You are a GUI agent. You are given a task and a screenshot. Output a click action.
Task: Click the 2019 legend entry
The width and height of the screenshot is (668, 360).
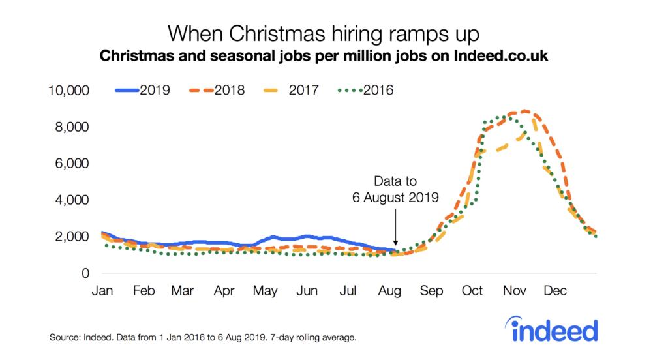coord(143,90)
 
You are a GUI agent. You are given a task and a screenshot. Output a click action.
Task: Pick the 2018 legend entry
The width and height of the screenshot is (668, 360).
coord(216,90)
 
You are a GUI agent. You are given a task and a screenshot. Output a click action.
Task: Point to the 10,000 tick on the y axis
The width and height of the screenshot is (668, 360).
coord(68,90)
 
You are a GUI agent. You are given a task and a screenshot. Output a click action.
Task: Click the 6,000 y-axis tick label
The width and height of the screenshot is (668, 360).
coord(72,163)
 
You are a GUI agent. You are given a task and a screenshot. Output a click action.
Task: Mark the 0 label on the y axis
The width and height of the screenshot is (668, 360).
coord(85,273)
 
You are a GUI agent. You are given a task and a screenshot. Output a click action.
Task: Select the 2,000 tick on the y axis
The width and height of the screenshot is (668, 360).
coord(72,237)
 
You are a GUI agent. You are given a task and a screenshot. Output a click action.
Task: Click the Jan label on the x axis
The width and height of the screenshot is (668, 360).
coord(102,290)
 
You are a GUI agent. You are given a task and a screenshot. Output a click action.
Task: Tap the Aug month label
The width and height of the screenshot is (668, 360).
coord(390,290)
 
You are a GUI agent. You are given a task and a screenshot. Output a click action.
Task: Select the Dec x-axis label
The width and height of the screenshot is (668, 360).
coord(556,290)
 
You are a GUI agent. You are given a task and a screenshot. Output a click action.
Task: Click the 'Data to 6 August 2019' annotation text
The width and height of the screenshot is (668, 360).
coord(395,188)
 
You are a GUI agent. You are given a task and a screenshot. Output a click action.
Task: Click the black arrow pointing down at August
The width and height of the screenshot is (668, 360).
coord(395,232)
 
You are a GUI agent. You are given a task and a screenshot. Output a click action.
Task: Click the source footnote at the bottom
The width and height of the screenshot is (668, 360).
coord(203,338)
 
